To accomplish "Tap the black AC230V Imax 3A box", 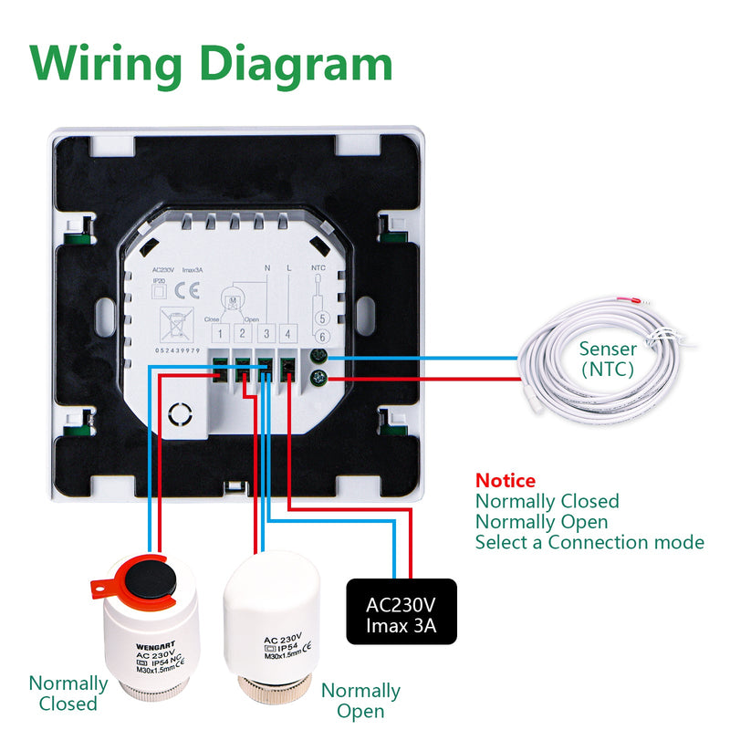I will (x=402, y=612).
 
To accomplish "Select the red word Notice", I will (x=506, y=480).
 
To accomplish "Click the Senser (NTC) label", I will (x=609, y=359).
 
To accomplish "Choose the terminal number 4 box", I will (x=287, y=334).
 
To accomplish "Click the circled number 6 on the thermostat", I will (x=320, y=338).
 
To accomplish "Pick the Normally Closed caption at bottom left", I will (x=68, y=693).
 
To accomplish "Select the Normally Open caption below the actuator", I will (x=360, y=701).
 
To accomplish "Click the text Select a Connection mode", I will (x=589, y=543).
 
